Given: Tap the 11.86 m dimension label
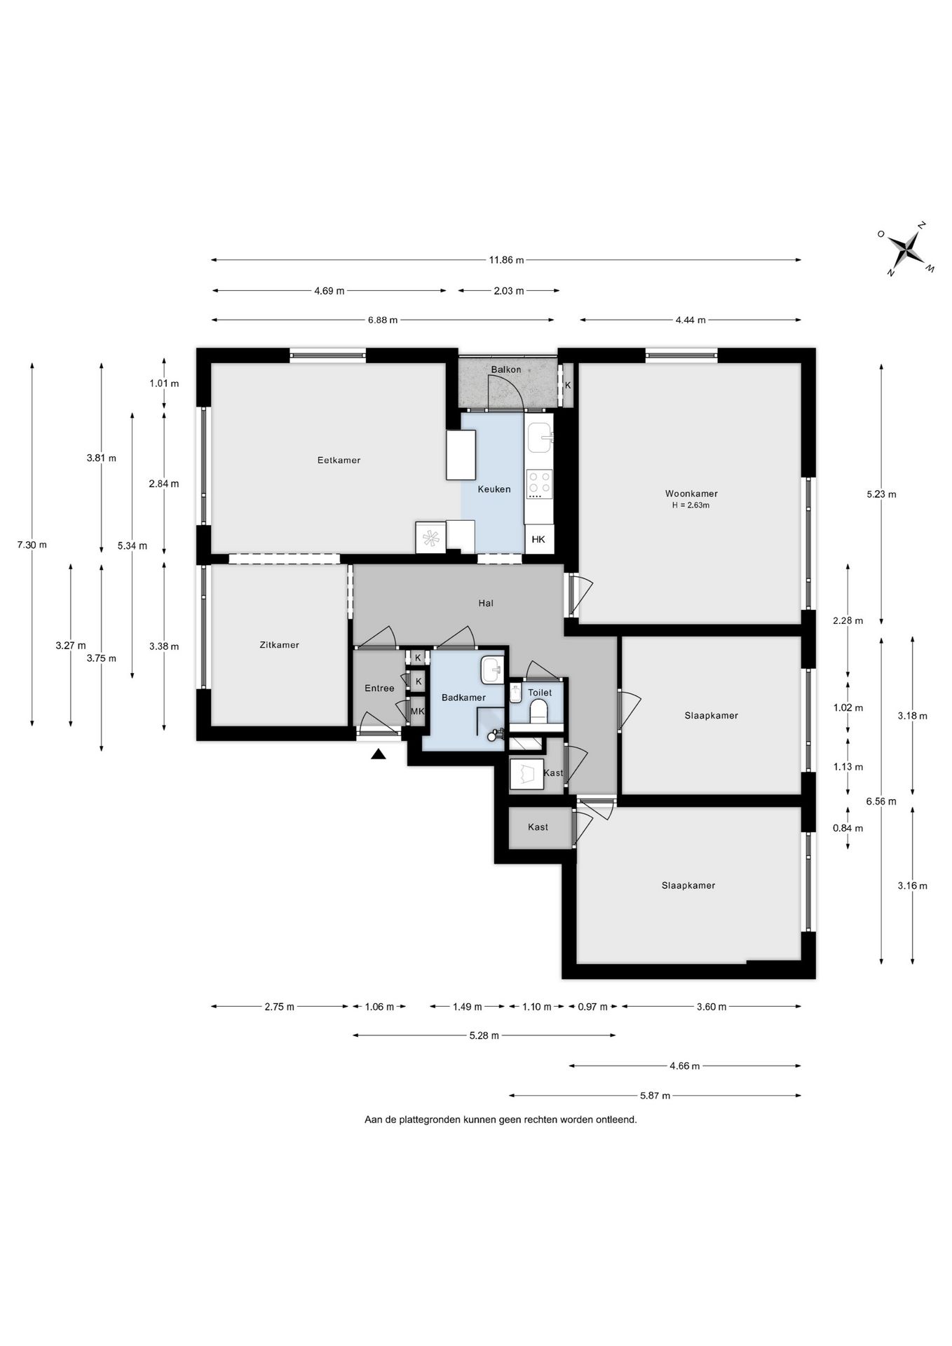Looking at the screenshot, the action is tap(506, 260).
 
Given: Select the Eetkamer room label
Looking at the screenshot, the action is tap(339, 461).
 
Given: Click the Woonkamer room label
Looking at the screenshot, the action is tap(691, 494).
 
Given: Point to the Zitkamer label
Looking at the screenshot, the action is tap(279, 645).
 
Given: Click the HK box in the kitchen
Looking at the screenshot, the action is tap(539, 539).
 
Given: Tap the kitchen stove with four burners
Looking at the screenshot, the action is tap(539, 483).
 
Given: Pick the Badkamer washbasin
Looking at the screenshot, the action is tap(491, 669).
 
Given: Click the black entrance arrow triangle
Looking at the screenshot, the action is tap(379, 754).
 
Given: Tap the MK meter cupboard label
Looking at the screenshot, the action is tap(417, 712).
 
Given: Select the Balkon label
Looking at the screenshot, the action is tap(505, 369).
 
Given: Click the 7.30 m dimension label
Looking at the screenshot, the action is tap(32, 545).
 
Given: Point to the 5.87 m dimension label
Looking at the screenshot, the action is tap(655, 1095).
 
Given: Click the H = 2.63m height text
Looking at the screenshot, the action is tap(691, 505).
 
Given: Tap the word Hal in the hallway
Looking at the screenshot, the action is tap(486, 603).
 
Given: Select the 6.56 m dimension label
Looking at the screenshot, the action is tap(881, 801).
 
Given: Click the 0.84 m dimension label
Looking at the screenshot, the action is tap(848, 828).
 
